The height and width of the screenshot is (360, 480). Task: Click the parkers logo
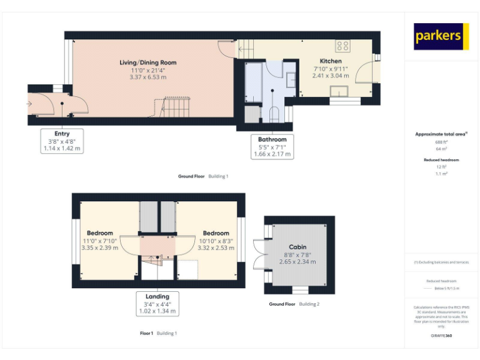441,36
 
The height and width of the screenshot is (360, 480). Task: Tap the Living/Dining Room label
148,62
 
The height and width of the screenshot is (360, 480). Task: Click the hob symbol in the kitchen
342,46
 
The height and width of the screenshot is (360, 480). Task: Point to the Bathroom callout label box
272,147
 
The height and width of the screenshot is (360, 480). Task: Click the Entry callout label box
62,141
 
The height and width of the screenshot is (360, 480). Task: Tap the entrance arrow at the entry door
29,104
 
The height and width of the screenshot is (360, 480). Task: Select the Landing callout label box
157,304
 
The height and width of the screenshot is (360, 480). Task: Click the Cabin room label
297,247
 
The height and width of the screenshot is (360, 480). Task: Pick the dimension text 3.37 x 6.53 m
148,77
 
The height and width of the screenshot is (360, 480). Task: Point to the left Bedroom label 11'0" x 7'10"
100,241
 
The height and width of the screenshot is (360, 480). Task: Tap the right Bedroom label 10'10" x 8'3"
216,241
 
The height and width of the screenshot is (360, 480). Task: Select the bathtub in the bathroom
254,83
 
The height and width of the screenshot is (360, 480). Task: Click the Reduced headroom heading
441,160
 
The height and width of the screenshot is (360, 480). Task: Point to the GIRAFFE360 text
441,336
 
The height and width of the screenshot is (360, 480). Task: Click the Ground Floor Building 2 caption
294,304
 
